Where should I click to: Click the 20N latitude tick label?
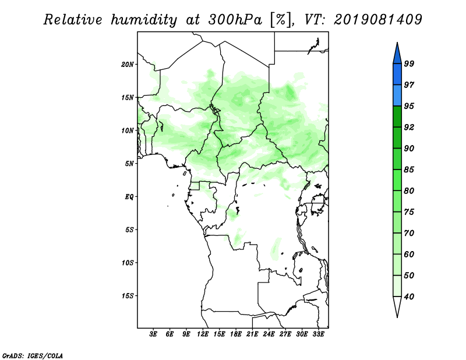128,64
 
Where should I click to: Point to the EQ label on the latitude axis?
129,196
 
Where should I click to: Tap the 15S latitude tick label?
128,296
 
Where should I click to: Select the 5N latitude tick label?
129,164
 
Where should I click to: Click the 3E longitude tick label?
153,334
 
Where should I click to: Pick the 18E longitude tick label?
236,334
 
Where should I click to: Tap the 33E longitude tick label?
318,334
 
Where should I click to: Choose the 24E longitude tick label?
269,334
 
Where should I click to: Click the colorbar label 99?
409,63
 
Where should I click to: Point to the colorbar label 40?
409,297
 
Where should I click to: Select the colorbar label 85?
409,170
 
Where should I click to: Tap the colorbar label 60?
409,254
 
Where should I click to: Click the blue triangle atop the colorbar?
397,55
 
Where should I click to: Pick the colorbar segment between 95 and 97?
397,96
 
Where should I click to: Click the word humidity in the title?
144,20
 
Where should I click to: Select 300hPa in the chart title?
235,20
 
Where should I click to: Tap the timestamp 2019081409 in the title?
377,20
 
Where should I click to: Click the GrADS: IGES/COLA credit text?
33,355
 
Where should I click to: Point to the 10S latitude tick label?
128,263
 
